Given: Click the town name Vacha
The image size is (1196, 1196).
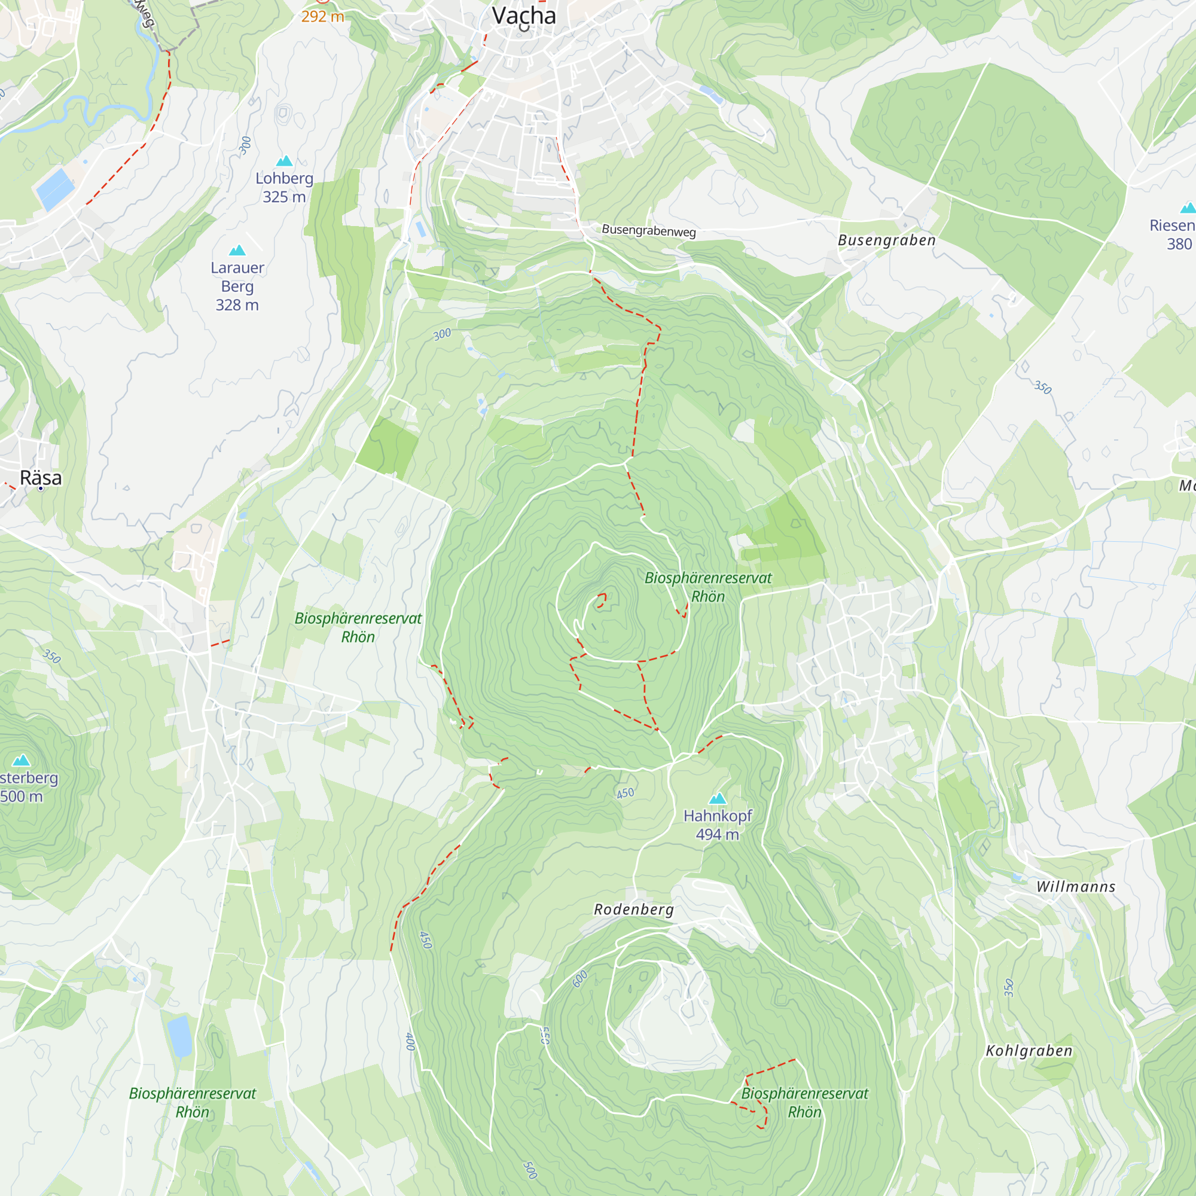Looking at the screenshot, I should (x=524, y=16).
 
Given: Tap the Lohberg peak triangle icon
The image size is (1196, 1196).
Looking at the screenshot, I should (x=284, y=161).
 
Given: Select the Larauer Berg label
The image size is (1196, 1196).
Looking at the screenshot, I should (x=237, y=277).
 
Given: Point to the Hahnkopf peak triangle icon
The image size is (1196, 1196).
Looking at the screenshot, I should (x=718, y=798).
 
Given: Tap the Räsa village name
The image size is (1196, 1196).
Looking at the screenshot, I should (x=41, y=478).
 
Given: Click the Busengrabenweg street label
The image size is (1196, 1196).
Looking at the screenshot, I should (x=649, y=231).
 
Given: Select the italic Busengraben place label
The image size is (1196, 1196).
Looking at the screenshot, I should (x=886, y=240).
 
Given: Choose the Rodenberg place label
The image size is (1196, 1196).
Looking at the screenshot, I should (x=634, y=910).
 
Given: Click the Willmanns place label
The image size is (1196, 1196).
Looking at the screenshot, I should (x=1076, y=886).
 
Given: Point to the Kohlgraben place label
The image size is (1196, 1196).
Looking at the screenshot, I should (x=1029, y=1051).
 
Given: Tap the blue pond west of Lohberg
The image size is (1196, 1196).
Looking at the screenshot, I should (x=55, y=188).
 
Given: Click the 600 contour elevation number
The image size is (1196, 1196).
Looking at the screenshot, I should (x=580, y=979).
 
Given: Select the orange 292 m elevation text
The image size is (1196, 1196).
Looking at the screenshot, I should (x=322, y=17).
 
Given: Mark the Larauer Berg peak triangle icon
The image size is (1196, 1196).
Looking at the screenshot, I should (x=237, y=251).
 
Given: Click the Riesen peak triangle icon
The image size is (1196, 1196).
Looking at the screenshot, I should (x=1188, y=208).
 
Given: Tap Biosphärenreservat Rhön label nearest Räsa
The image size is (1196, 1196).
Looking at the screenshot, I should (x=358, y=627).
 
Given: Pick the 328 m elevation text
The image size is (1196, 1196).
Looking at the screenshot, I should (x=237, y=305).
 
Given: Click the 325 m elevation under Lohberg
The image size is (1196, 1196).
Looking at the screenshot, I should (x=284, y=197).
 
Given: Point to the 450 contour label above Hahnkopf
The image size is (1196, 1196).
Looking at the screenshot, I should (x=626, y=793).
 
